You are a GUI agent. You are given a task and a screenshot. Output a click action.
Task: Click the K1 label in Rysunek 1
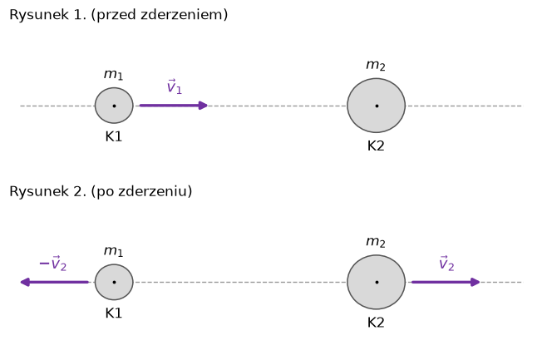114,137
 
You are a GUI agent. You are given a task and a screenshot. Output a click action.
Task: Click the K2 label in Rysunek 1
376,146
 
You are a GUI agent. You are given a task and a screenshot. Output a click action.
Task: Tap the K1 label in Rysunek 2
114,313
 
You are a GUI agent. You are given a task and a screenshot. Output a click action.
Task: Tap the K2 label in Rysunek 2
376,323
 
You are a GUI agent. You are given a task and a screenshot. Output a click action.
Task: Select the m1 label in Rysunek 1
113,75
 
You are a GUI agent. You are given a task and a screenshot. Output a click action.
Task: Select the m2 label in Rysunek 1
376,65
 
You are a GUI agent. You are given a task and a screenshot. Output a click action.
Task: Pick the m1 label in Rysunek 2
113,251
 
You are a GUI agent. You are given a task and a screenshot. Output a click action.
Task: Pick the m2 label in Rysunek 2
376,242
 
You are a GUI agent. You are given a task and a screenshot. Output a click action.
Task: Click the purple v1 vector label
175,86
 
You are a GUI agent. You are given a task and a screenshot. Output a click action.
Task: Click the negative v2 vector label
53,264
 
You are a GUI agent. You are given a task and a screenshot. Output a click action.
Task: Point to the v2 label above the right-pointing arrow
446,264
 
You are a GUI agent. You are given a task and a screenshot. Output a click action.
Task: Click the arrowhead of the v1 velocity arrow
203,106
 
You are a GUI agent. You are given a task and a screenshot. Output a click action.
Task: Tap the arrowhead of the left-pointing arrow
25,282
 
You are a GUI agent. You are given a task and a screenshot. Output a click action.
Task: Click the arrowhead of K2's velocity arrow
475,282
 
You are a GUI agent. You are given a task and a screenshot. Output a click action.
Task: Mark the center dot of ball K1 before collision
114,106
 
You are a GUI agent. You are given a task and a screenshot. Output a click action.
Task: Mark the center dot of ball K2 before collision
377,106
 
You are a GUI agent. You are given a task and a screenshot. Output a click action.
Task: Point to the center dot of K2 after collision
377,282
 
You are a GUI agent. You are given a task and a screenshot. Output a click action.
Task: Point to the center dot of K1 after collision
114,282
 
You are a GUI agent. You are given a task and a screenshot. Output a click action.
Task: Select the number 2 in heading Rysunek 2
77,191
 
